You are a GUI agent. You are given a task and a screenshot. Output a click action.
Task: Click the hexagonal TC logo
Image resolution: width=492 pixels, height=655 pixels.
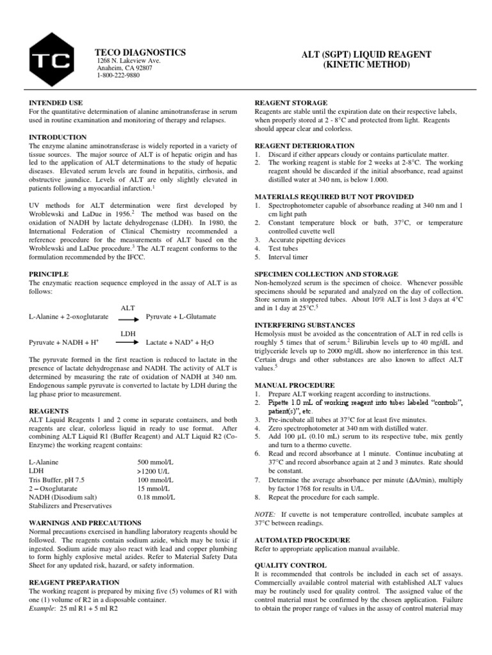tap(51, 61)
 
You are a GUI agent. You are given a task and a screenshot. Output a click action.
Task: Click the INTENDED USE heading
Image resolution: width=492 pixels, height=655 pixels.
tap(56, 103)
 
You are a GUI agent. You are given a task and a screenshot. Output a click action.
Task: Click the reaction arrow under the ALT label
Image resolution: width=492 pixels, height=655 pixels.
tap(127, 317)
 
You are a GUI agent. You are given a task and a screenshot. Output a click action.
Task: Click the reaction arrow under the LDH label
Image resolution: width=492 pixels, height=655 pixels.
tap(127, 343)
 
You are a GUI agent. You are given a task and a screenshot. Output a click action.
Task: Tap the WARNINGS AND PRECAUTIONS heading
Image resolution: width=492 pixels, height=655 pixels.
tap(85, 523)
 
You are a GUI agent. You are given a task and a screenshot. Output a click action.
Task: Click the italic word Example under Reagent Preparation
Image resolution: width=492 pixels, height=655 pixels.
tap(45, 609)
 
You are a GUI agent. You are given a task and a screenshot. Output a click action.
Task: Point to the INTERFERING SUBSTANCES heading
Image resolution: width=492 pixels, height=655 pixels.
tap(304, 325)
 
